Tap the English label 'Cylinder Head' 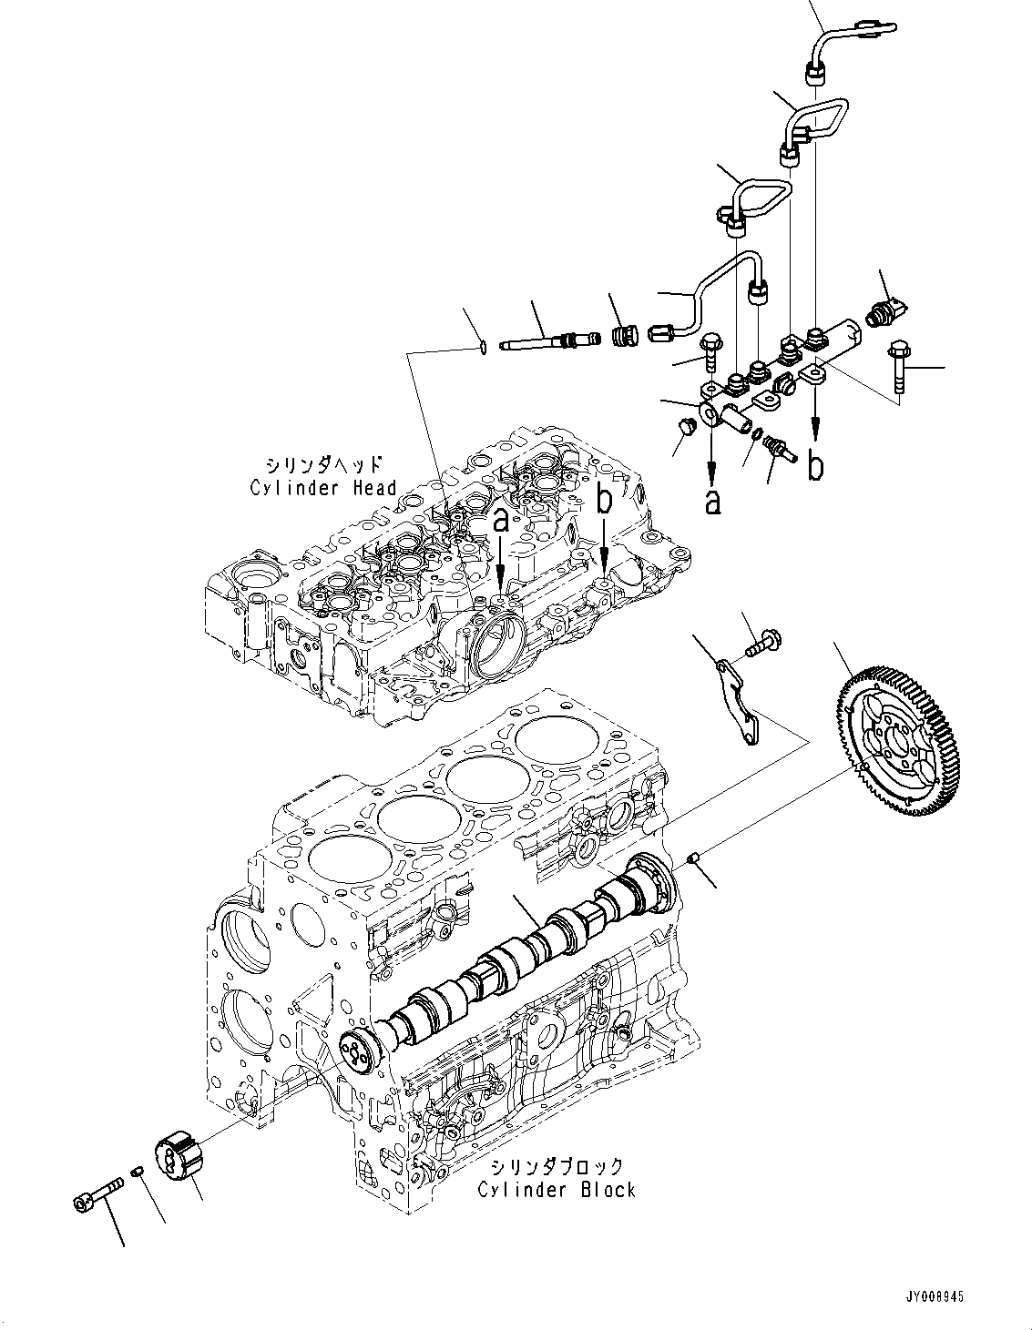point(323,487)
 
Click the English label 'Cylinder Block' point(557,1189)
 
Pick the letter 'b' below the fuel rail point(817,465)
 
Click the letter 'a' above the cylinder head point(501,522)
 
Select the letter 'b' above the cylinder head point(606,500)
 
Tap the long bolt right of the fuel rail point(902,364)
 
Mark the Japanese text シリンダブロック point(557,1166)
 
